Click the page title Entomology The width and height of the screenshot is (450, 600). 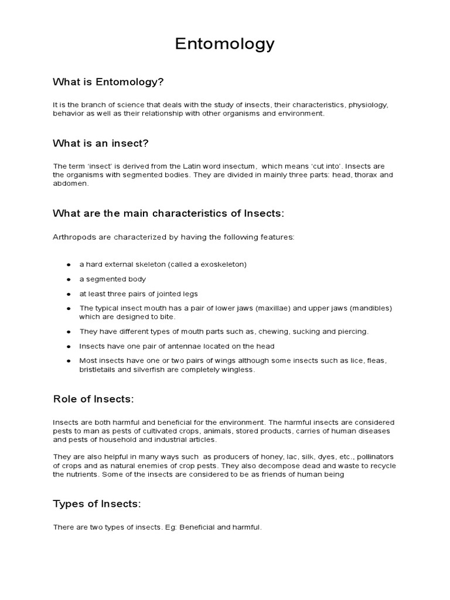coord(224,45)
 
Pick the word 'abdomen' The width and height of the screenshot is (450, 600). coord(70,183)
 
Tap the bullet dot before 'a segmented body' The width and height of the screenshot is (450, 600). coord(69,279)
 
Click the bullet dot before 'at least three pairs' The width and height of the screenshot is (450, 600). coord(69,294)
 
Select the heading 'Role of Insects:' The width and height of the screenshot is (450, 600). coord(93,399)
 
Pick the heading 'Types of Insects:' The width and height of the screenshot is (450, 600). coord(97,504)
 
